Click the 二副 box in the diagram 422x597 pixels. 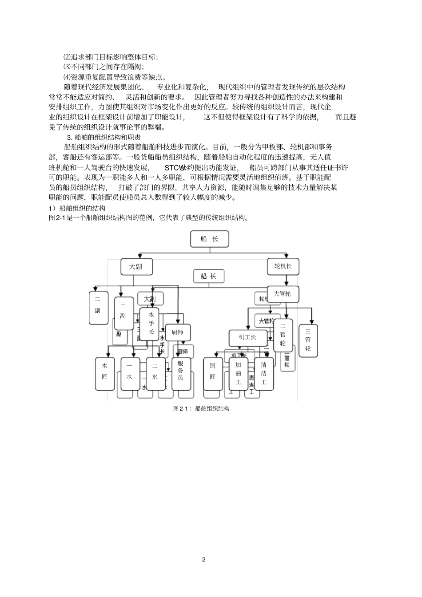tap(98, 307)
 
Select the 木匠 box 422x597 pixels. tap(105, 373)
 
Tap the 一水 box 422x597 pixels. tap(130, 373)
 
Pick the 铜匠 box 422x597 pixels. tap(213, 373)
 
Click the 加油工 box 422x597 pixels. tap(238, 373)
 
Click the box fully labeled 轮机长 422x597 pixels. tap(283, 266)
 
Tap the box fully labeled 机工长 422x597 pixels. tap(248, 337)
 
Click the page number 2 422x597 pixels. tap(203, 559)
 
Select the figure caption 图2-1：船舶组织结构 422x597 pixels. tap(201, 408)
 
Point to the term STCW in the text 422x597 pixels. tap(174, 168)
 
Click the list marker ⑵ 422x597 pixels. tap(67, 57)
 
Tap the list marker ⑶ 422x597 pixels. tap(67, 67)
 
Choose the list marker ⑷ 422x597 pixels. tap(67, 77)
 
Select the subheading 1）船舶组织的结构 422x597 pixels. tap(77, 208)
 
